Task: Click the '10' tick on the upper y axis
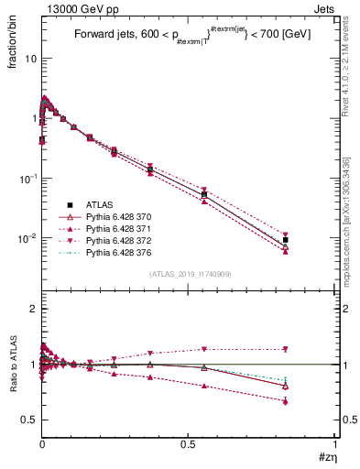tap(29, 58)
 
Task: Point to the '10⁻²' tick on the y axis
tap(27, 238)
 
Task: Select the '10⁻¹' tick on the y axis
tap(27, 178)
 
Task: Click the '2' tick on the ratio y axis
tap(32, 309)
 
